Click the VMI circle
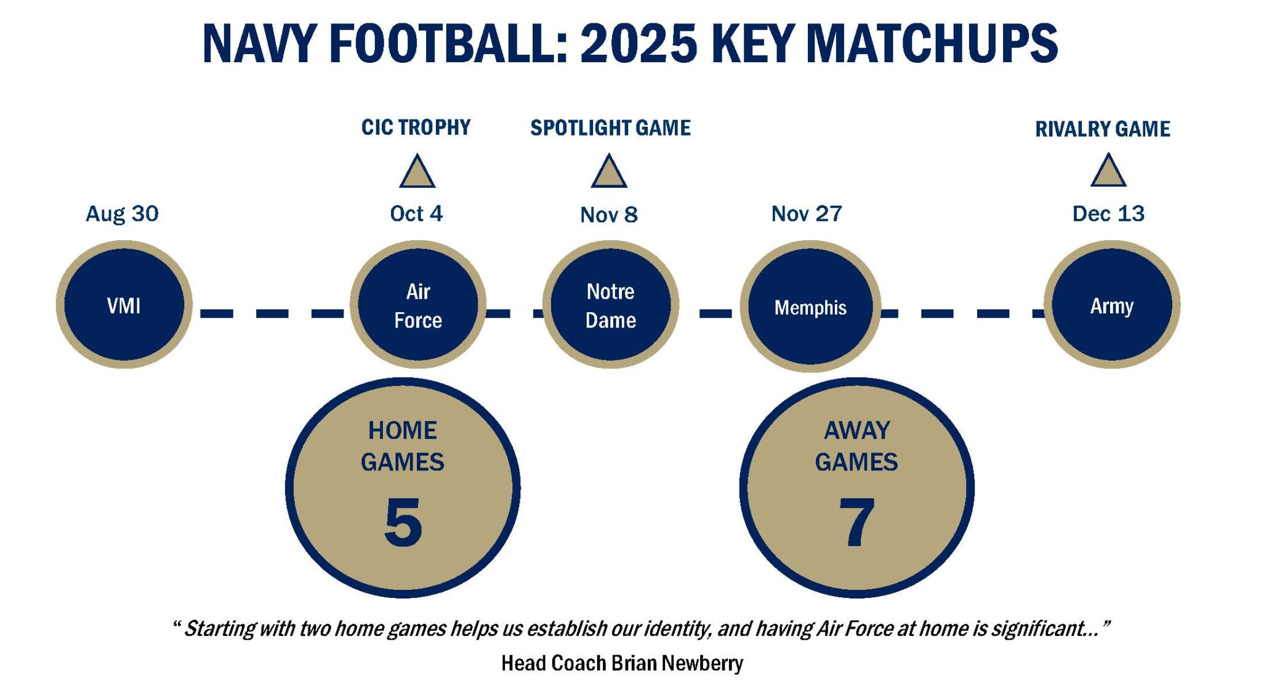[x=124, y=305]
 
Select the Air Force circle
[x=418, y=305]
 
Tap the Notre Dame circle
[x=610, y=305]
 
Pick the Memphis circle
[x=810, y=306]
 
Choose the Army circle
[x=1111, y=305]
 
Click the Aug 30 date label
[x=122, y=214]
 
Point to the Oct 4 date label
[x=416, y=214]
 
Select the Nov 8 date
[x=609, y=215]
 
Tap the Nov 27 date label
[x=807, y=214]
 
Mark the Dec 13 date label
[x=1108, y=214]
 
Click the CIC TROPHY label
[x=416, y=127]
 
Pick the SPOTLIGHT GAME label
[x=610, y=128]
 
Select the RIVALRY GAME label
[x=1102, y=129]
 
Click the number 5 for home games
[x=403, y=522]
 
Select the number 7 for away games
[x=856, y=522]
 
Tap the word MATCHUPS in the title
[x=932, y=44]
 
